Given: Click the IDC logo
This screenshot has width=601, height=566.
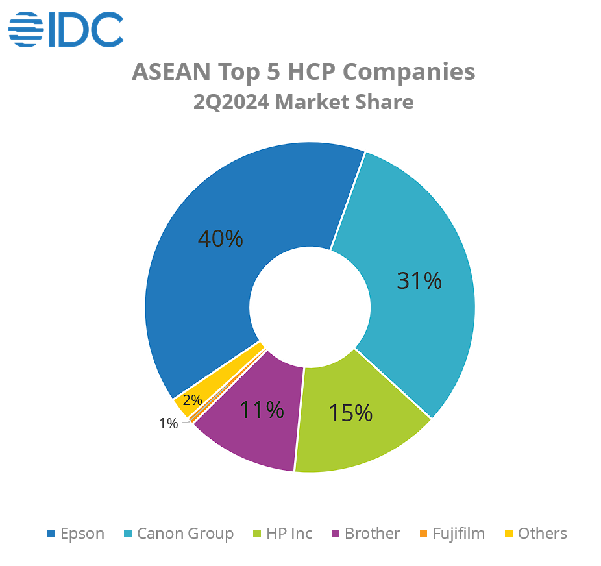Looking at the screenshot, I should tap(66, 29).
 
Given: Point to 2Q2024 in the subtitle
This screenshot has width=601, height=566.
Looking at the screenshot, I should tap(231, 102).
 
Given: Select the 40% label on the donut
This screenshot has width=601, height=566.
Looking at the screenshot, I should tap(220, 239).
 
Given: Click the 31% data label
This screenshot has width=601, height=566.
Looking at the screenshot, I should tap(419, 280).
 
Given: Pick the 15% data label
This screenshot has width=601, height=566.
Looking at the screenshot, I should tap(350, 413).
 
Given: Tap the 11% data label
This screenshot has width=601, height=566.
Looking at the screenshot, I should tap(262, 410).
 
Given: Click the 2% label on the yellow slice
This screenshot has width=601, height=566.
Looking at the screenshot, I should tap(192, 400).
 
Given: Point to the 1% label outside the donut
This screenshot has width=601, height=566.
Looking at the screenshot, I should tap(168, 423).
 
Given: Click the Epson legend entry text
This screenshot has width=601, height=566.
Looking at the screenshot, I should tap(82, 534).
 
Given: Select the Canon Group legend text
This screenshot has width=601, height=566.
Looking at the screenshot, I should tap(185, 534).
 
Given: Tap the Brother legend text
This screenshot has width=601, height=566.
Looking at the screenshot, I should tap(372, 534).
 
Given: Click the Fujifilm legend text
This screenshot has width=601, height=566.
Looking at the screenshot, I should tap(458, 534).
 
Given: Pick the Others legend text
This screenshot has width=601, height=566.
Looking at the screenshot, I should tap(542, 534).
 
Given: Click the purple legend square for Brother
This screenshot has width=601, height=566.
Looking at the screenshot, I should tap(336, 534).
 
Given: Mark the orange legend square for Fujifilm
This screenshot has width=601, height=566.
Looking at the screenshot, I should tap(423, 534).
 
